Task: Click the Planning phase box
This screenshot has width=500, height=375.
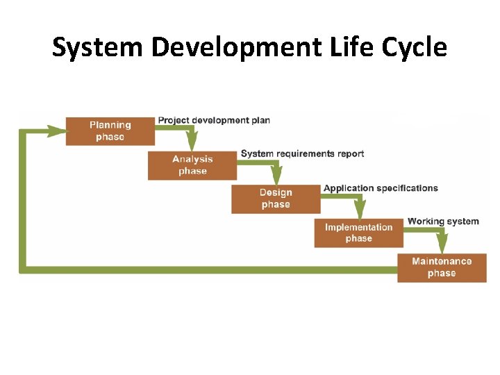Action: click(110, 131)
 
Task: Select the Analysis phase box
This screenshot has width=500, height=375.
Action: click(192, 165)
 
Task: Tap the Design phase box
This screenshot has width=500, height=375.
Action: click(276, 199)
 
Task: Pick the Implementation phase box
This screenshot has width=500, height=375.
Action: click(358, 233)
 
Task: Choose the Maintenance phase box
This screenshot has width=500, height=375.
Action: click(442, 267)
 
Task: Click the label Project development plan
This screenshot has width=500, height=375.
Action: click(214, 120)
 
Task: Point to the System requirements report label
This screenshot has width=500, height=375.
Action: click(302, 153)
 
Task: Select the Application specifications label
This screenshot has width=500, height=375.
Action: click(381, 188)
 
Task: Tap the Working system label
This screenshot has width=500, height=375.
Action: click(443, 222)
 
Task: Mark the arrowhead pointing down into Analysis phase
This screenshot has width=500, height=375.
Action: click(192, 145)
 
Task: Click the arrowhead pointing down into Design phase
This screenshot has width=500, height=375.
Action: click(276, 178)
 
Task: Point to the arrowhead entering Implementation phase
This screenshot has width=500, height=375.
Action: click(359, 212)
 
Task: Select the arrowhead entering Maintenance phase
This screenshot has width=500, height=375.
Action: click(442, 247)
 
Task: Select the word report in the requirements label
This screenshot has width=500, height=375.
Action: click(349, 153)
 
